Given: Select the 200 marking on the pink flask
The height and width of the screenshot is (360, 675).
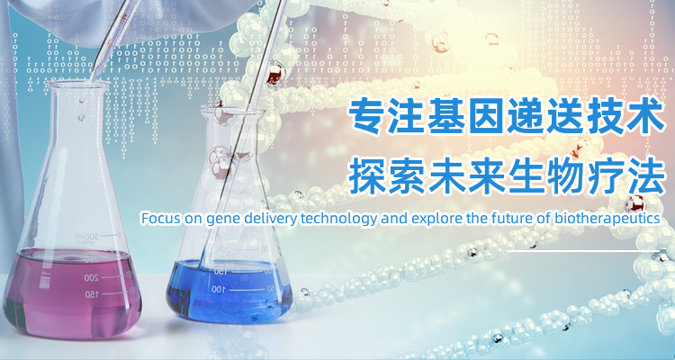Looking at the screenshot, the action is (91, 278).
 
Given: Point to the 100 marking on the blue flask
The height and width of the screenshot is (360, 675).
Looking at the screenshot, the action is (219, 290).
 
